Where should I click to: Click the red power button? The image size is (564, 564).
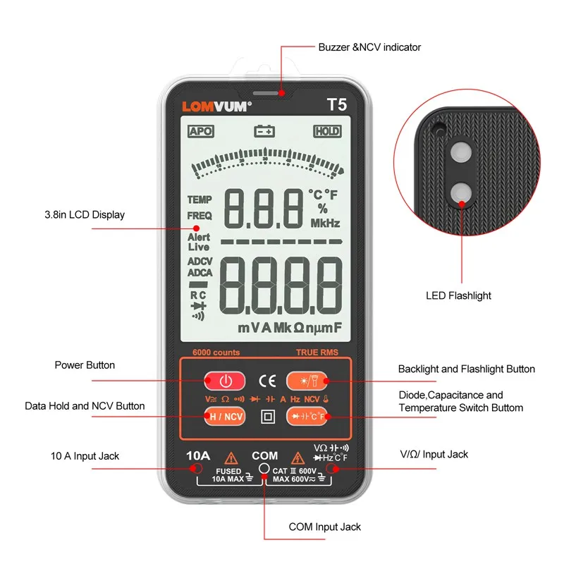tap(225, 381)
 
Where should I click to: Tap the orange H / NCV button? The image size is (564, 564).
tap(225, 416)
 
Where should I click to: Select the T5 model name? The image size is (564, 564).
tap(336, 105)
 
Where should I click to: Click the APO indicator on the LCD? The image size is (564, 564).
tap(200, 131)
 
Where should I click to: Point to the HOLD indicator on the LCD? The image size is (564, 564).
tap(327, 131)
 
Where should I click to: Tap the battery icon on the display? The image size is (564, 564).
tap(264, 131)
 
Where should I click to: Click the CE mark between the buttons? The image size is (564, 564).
tap(267, 381)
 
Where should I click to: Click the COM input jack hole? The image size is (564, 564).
tap(264, 468)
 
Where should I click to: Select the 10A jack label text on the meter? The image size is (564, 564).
tap(197, 455)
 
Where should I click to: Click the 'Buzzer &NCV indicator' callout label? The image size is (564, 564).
tap(369, 47)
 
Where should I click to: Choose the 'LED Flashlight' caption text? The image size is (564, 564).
tap(458, 295)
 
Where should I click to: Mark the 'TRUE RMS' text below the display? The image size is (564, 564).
tap(318, 352)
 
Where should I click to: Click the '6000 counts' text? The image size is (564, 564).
tap(216, 352)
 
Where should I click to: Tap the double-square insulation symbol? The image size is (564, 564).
tap(267, 416)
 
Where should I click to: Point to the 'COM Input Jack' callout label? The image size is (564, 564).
tap(324, 527)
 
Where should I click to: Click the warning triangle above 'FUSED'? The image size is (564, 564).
tap(230, 458)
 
